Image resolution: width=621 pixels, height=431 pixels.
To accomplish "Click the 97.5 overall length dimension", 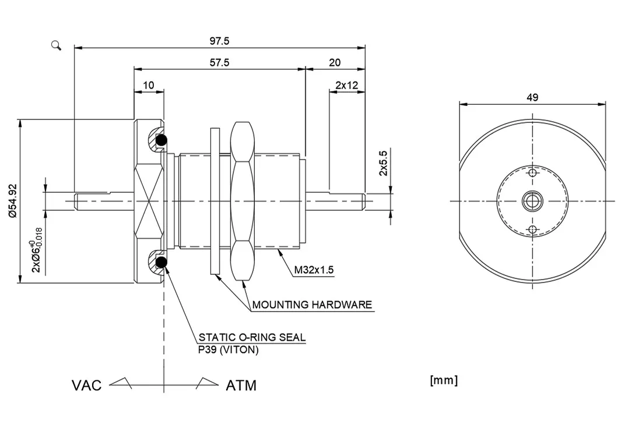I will click(219, 41).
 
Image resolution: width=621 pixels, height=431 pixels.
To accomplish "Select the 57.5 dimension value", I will click(219, 62).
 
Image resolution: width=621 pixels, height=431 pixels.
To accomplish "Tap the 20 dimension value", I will click(335, 62).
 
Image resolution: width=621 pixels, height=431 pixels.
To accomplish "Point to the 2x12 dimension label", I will click(346, 85).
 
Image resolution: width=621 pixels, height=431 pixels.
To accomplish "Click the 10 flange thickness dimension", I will click(148, 85).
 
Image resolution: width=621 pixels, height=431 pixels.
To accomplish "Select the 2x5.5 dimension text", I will click(383, 162).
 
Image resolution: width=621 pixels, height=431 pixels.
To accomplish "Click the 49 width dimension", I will click(532, 97).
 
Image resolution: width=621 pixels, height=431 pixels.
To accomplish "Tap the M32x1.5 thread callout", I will click(313, 270).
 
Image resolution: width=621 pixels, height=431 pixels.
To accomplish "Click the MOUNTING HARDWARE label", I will click(311, 305).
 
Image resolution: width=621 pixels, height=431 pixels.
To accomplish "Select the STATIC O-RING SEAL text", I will click(252, 337).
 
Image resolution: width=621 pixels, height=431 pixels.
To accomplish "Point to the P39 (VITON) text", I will click(228, 349).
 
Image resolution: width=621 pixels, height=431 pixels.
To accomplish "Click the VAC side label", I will click(86, 386).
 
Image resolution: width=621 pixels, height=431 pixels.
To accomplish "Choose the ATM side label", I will click(241, 386).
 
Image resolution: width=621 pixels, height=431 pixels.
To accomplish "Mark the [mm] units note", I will click(443, 380).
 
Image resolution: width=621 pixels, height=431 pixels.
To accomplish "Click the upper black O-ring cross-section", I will click(161, 140).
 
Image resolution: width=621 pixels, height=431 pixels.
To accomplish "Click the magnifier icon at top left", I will click(57, 45).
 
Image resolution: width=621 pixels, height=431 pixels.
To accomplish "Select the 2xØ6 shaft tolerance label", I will click(36, 250).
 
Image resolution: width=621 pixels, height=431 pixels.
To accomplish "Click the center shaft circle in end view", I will click(531, 201).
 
